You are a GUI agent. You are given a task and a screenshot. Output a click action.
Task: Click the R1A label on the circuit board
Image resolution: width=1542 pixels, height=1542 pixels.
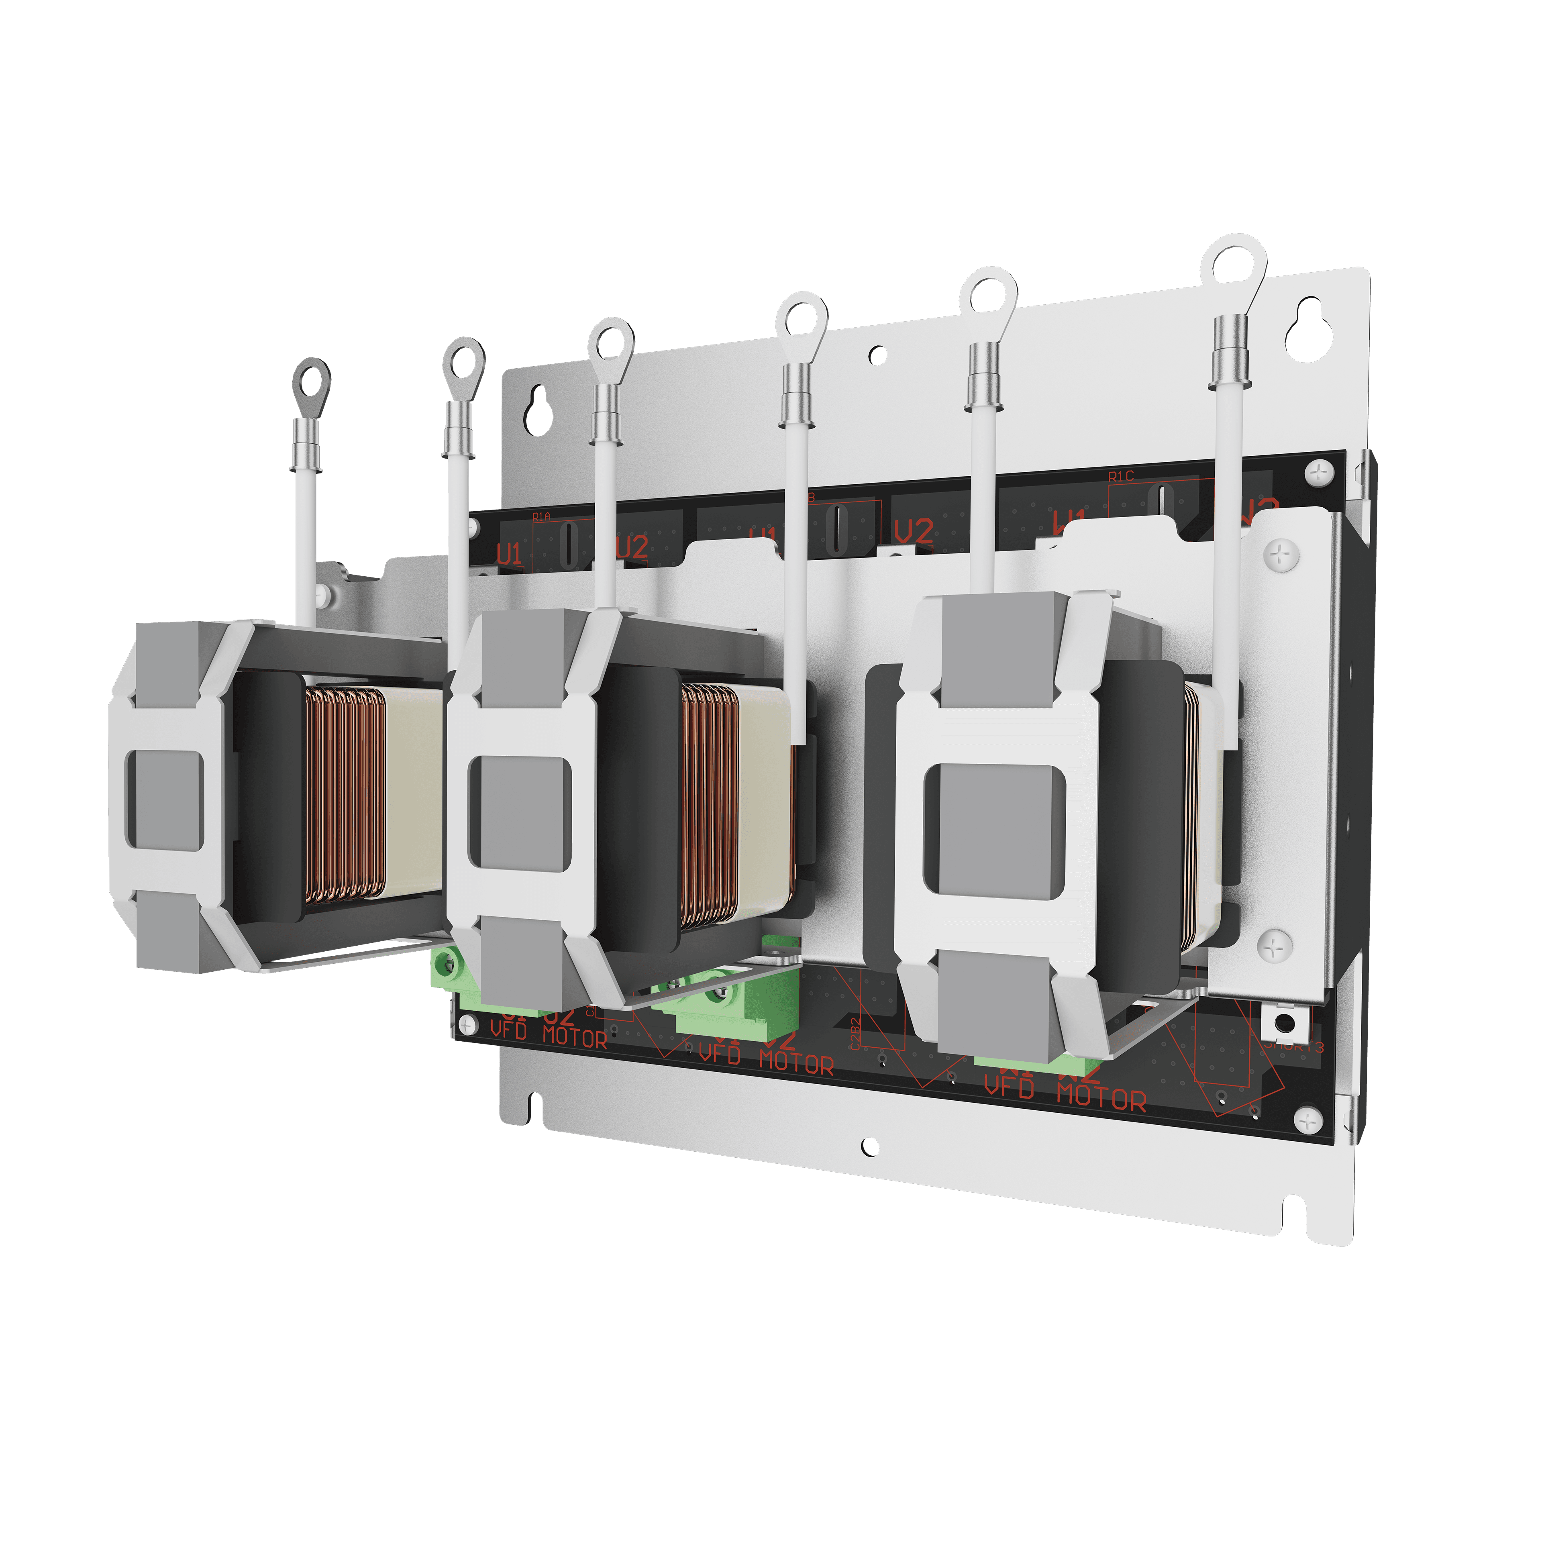(x=541, y=517)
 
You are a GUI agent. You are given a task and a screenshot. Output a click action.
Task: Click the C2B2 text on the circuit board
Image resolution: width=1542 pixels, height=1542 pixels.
(x=855, y=1034)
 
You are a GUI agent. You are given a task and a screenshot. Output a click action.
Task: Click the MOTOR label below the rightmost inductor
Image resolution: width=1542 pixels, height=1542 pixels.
(x=1101, y=1098)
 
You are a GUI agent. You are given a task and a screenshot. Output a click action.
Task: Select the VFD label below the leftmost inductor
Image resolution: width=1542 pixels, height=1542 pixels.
(x=508, y=1030)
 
